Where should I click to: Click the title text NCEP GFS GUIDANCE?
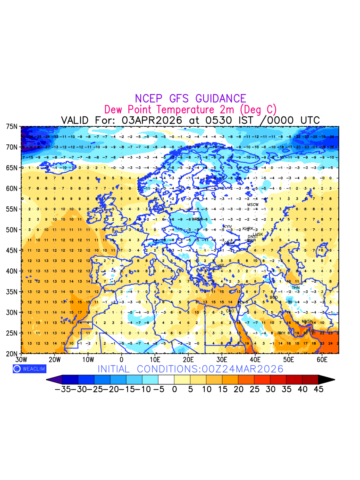point(190,98)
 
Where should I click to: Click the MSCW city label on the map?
point(253,205)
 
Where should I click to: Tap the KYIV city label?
point(228,227)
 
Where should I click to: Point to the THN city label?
point(296,288)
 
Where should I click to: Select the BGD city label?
point(274,298)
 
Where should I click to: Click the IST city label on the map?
point(221,266)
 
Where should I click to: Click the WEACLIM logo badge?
point(29,369)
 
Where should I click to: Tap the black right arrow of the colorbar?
point(326,380)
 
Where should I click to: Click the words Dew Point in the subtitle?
point(129,110)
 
